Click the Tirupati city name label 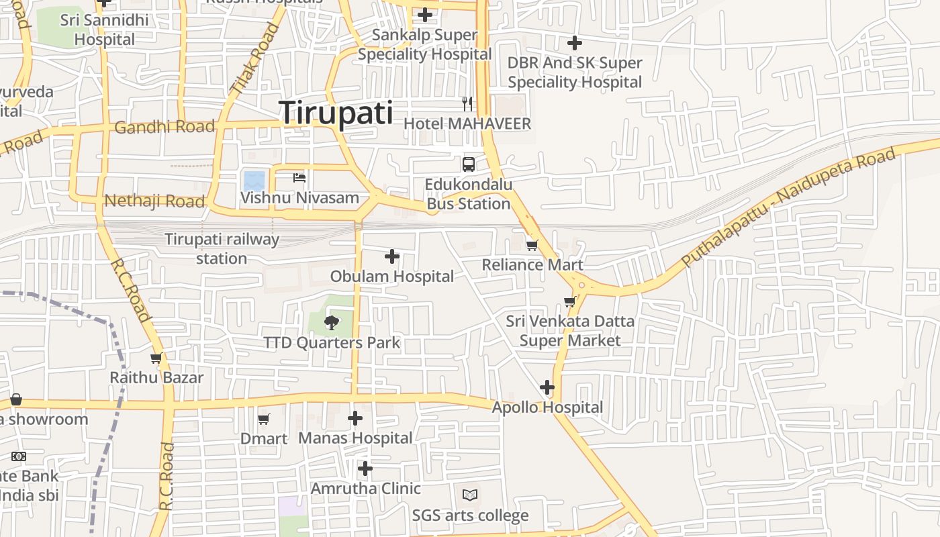point(336,112)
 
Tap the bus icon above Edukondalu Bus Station point(469,164)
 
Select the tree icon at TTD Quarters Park point(331,323)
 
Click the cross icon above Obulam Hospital point(392,256)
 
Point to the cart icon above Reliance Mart point(532,245)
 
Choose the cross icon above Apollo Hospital point(547,387)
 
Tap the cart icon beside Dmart point(264,420)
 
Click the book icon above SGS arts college point(470,495)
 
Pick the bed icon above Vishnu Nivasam point(299,178)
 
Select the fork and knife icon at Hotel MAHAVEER point(467,103)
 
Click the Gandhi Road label point(164,127)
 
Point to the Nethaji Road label point(154,201)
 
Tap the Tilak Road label point(254,58)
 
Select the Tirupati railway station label point(222,248)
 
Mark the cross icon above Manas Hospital point(355,419)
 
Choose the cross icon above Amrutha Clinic point(365,469)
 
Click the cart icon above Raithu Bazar point(156,358)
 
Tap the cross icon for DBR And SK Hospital point(575,44)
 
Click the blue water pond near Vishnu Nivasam point(254,181)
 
